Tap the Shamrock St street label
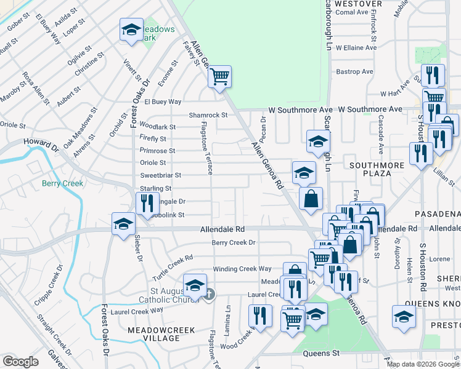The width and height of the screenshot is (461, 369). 208,115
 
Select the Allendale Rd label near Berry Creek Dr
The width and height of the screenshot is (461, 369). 222,229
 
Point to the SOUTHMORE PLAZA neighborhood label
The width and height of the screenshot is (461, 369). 377,169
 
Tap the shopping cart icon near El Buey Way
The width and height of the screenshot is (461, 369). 219,77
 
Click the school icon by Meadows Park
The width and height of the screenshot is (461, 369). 131,30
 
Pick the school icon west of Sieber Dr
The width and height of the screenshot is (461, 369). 123,224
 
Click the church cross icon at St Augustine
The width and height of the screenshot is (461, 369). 209,295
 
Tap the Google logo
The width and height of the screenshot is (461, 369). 21,362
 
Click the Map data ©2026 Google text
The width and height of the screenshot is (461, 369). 423,363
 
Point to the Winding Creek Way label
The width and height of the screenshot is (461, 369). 242,269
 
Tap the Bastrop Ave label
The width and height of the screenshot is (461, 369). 355,72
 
